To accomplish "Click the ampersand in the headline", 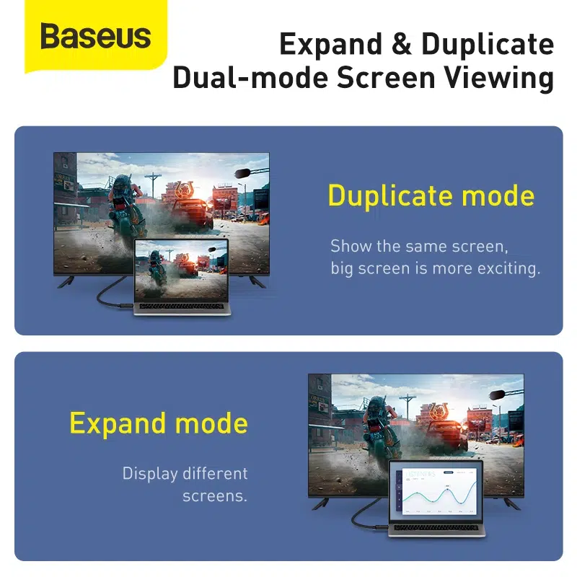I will coord(402,45).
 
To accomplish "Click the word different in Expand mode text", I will coord(215,474).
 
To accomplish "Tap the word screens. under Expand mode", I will coord(215,496).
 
